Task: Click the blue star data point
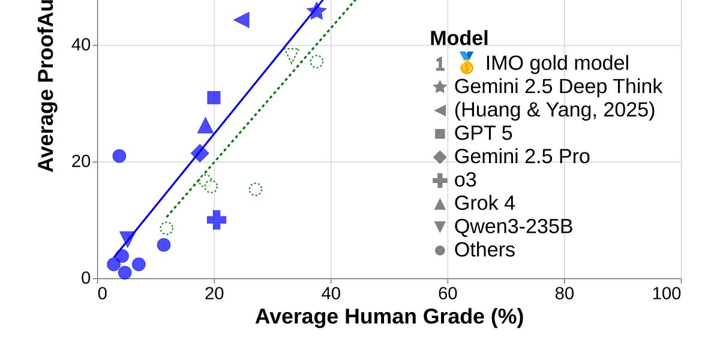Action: (x=316, y=11)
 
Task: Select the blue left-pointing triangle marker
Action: (x=242, y=20)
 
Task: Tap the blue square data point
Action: (x=214, y=98)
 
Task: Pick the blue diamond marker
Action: (x=200, y=153)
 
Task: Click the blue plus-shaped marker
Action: (x=217, y=220)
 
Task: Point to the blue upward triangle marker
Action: (x=205, y=126)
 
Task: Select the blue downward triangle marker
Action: (x=127, y=238)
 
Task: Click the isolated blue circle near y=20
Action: (x=119, y=156)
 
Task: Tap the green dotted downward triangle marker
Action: (x=292, y=56)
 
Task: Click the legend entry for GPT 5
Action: (x=483, y=133)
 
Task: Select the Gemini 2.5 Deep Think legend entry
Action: (x=558, y=86)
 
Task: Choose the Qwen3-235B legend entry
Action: (x=513, y=227)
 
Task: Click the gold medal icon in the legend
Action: (x=466, y=63)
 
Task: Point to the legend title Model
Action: (x=459, y=38)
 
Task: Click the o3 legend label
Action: (x=466, y=180)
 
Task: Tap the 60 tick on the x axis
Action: (x=448, y=293)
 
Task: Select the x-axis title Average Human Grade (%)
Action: (x=389, y=317)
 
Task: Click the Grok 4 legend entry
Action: (x=484, y=203)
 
